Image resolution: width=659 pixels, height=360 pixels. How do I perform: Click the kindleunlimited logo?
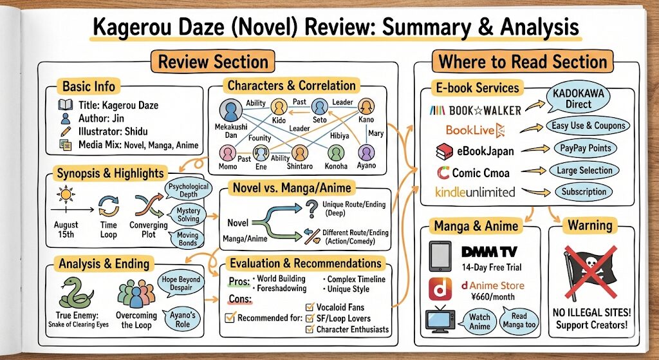point(475,191)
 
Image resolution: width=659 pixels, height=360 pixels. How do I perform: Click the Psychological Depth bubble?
point(183,191)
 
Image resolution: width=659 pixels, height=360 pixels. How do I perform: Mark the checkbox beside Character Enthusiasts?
point(310,329)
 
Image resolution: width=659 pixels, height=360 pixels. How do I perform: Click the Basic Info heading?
point(89,86)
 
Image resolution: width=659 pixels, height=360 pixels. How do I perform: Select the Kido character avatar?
point(279,106)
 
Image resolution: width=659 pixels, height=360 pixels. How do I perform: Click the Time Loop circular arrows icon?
point(107,205)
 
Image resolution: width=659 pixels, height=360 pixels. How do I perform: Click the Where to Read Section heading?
point(523,62)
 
